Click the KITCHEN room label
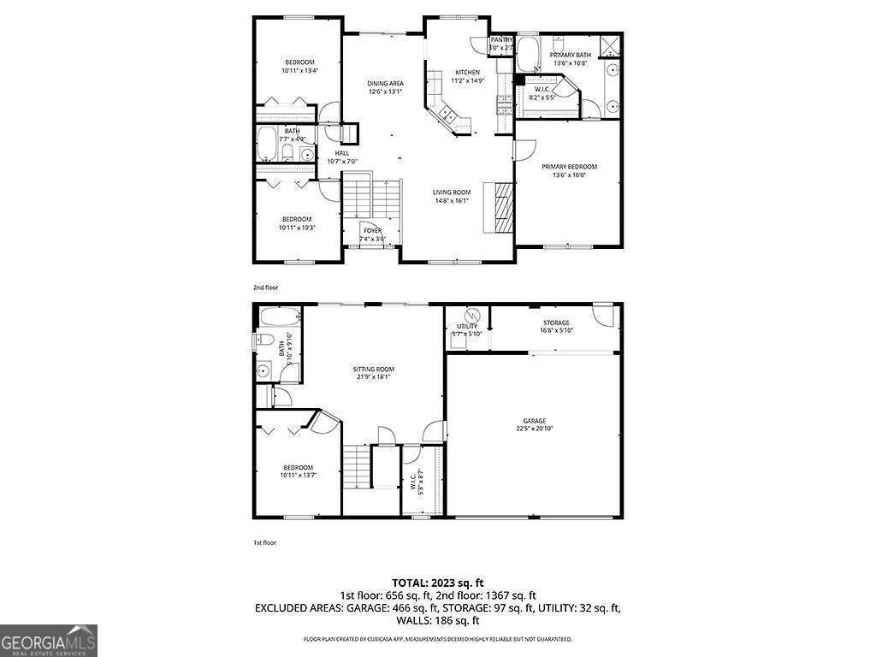click(467, 72)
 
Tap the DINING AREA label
click(385, 83)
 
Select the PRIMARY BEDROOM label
click(569, 166)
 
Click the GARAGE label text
click(535, 420)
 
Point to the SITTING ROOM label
click(374, 370)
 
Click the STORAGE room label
click(555, 323)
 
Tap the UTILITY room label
click(467, 326)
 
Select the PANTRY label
click(501, 40)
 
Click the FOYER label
click(372, 230)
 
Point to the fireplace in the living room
click(500, 206)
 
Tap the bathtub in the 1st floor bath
click(278, 319)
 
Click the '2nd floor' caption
click(265, 287)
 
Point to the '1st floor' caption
click(264, 542)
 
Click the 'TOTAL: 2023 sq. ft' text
click(437, 583)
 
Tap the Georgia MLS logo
click(49, 640)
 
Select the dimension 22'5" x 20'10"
click(535, 428)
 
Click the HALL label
click(342, 153)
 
